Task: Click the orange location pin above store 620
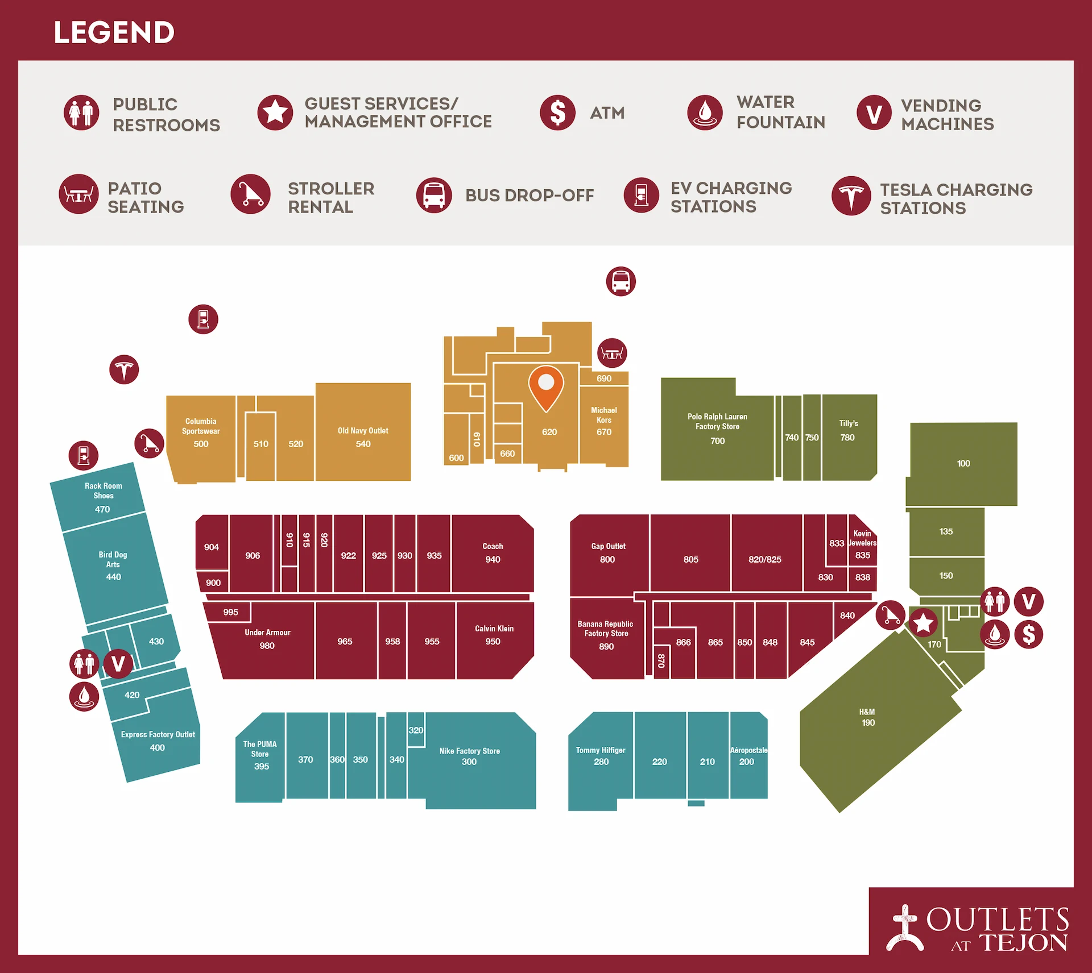[x=546, y=386]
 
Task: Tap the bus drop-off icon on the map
[x=621, y=281]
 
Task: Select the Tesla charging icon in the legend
[x=851, y=196]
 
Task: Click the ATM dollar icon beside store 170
[x=1028, y=634]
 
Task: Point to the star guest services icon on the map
[x=923, y=623]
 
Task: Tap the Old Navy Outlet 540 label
[x=363, y=437]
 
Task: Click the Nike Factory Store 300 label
[x=469, y=756]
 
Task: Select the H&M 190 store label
[x=867, y=717]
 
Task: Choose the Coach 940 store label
[x=493, y=552]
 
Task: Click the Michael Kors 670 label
[x=604, y=421]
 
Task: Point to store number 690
[x=604, y=379]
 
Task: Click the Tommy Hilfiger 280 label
[x=601, y=756]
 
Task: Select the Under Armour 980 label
[x=267, y=639]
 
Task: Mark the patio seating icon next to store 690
[x=612, y=354]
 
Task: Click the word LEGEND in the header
[x=114, y=32]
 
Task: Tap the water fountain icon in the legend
[x=705, y=113]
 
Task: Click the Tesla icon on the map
[x=124, y=370]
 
